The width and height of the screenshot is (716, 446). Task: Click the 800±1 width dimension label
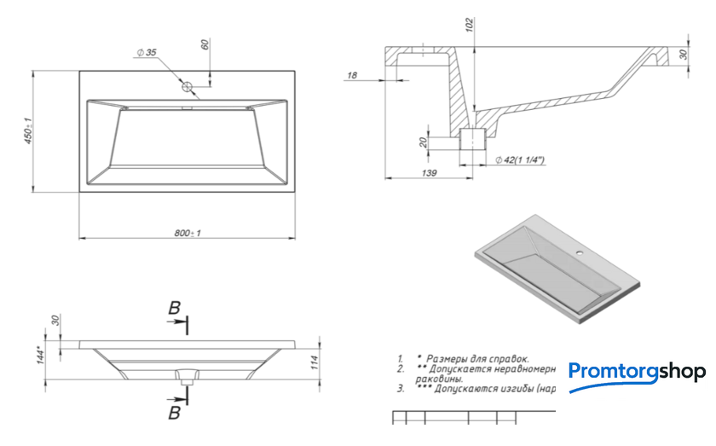coord(187,233)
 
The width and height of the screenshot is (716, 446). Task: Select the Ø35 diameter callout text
coord(146,53)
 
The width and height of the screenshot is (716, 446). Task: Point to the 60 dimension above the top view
coord(205,45)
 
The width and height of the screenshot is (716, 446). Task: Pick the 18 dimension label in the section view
coord(352,76)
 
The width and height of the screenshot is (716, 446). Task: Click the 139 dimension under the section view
coord(429,173)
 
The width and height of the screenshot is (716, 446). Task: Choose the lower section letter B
coord(174,413)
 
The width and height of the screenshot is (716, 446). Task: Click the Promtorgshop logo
coord(637,373)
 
